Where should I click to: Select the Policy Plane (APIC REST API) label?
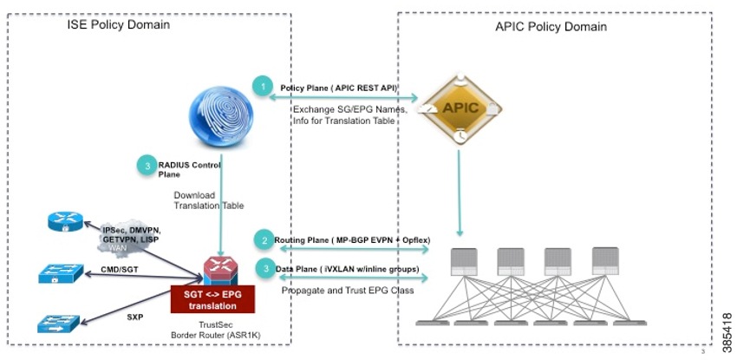344,88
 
